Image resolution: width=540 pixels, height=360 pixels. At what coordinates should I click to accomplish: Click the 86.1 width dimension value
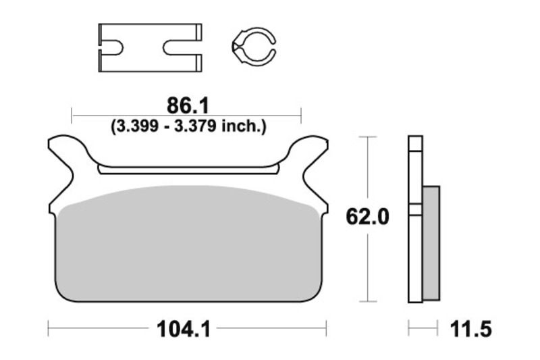click(187, 106)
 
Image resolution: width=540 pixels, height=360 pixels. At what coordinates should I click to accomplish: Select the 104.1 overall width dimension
click(184, 330)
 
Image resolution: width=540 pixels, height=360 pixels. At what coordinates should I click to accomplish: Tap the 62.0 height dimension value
click(367, 218)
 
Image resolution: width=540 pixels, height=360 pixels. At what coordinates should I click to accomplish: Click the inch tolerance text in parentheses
click(187, 126)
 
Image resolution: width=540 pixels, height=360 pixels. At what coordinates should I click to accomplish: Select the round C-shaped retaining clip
click(254, 47)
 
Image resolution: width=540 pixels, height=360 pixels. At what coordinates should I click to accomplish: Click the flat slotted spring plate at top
click(150, 47)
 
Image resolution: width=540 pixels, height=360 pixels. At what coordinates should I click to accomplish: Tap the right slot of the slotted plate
click(181, 47)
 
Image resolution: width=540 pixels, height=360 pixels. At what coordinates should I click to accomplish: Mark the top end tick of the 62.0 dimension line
click(367, 136)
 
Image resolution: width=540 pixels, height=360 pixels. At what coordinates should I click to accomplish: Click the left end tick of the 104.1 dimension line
click(49, 329)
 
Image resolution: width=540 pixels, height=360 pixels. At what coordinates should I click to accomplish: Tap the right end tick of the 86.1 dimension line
click(301, 115)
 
